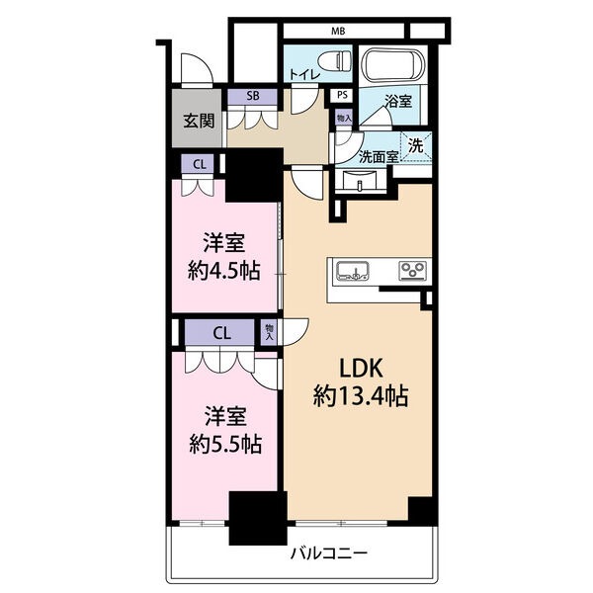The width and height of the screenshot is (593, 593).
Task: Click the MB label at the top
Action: pyautogui.click(x=338, y=31)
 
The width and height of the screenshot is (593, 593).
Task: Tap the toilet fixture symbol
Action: pyautogui.click(x=334, y=60)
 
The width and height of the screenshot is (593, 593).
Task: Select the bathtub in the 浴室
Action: pyautogui.click(x=392, y=64)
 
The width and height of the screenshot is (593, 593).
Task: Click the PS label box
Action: pyautogui.click(x=342, y=95)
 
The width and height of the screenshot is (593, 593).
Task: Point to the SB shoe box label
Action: pyautogui.click(x=253, y=96)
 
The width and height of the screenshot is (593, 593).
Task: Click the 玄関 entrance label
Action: pyautogui.click(x=199, y=121)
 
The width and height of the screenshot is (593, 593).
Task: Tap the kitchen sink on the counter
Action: pyautogui.click(x=353, y=271)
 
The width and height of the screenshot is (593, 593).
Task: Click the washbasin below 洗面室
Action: pyautogui.click(x=360, y=181)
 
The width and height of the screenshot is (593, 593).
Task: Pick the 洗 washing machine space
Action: pyautogui.click(x=416, y=146)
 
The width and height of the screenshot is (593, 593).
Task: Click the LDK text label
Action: pyautogui.click(x=362, y=368)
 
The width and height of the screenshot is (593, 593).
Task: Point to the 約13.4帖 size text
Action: pyautogui.click(x=361, y=396)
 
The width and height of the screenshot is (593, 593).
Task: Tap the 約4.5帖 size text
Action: pyautogui.click(x=224, y=270)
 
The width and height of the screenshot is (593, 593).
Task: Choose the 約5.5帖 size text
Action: pyautogui.click(x=225, y=444)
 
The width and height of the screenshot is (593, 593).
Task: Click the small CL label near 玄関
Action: pyautogui.click(x=200, y=164)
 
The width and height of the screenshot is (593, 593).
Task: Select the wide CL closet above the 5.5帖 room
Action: pyautogui.click(x=219, y=333)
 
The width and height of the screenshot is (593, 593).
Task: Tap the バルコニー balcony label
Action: pyautogui.click(x=329, y=554)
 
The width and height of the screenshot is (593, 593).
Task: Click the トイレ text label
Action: pyautogui.click(x=304, y=74)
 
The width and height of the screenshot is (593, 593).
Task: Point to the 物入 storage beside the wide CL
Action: pyautogui.click(x=269, y=332)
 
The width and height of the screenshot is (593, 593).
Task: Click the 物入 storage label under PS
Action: pyautogui.click(x=344, y=118)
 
